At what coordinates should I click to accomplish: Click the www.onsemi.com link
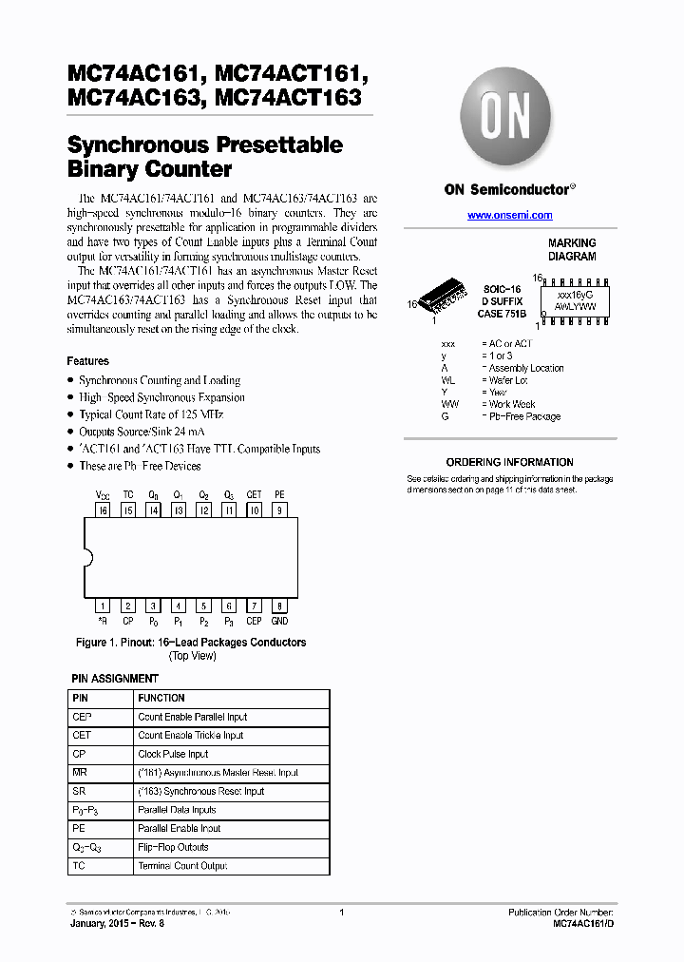pos(510,216)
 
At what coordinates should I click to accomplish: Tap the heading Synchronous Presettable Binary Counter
pos(204,157)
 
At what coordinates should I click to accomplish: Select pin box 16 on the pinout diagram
pos(103,510)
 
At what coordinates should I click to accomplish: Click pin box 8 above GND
pos(279,606)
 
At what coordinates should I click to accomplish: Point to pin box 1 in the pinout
pos(103,606)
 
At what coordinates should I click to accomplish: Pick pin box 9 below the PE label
pos(279,510)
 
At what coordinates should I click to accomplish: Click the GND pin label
pos(279,621)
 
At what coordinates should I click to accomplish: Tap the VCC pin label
pos(103,495)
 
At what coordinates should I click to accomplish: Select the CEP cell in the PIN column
pos(83,717)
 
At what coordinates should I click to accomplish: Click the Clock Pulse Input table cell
pos(173,754)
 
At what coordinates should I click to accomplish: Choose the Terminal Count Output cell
pos(183,866)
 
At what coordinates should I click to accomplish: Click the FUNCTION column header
pos(161,698)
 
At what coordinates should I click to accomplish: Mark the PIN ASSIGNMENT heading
pos(115,679)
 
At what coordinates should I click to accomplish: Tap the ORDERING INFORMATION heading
pos(509,462)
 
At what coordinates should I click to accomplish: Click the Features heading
pos(87,361)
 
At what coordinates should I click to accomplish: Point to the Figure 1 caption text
pos(191,643)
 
